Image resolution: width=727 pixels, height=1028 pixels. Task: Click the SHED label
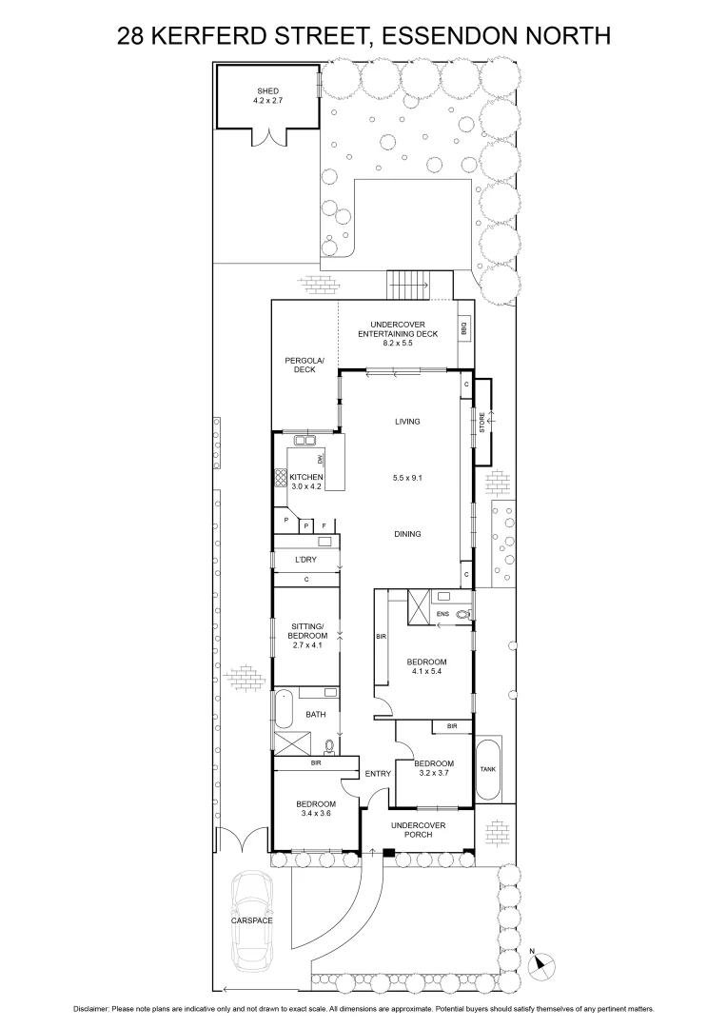click(x=266, y=90)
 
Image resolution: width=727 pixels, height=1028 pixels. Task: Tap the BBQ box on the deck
click(x=464, y=329)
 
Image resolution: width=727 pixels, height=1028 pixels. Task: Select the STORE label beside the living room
click(x=481, y=423)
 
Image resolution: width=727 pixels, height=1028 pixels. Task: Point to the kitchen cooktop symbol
click(x=282, y=478)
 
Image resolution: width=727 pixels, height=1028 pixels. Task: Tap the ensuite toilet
click(x=462, y=615)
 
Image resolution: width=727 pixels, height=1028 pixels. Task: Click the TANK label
click(x=487, y=769)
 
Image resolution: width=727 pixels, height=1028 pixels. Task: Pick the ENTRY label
click(x=378, y=774)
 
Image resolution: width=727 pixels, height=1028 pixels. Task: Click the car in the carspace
click(x=252, y=919)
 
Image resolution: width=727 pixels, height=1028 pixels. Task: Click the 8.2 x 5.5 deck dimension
click(x=398, y=343)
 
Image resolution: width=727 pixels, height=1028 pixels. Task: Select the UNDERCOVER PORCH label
click(x=419, y=828)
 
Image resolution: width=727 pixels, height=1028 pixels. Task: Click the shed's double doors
click(x=268, y=138)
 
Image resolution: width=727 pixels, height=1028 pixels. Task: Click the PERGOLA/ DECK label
click(x=305, y=365)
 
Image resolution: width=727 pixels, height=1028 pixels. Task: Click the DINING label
click(x=407, y=534)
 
